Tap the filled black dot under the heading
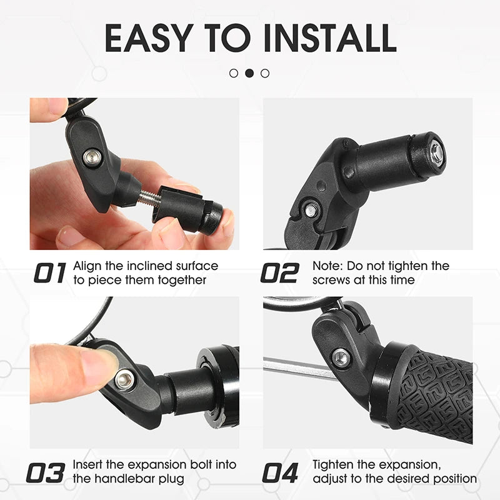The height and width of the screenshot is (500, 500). (249, 73)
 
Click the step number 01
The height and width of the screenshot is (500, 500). (50, 273)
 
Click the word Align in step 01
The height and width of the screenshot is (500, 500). (87, 266)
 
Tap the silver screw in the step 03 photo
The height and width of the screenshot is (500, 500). (124, 377)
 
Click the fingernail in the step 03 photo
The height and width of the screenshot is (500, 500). (100, 364)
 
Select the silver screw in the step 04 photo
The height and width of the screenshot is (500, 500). (340, 357)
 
